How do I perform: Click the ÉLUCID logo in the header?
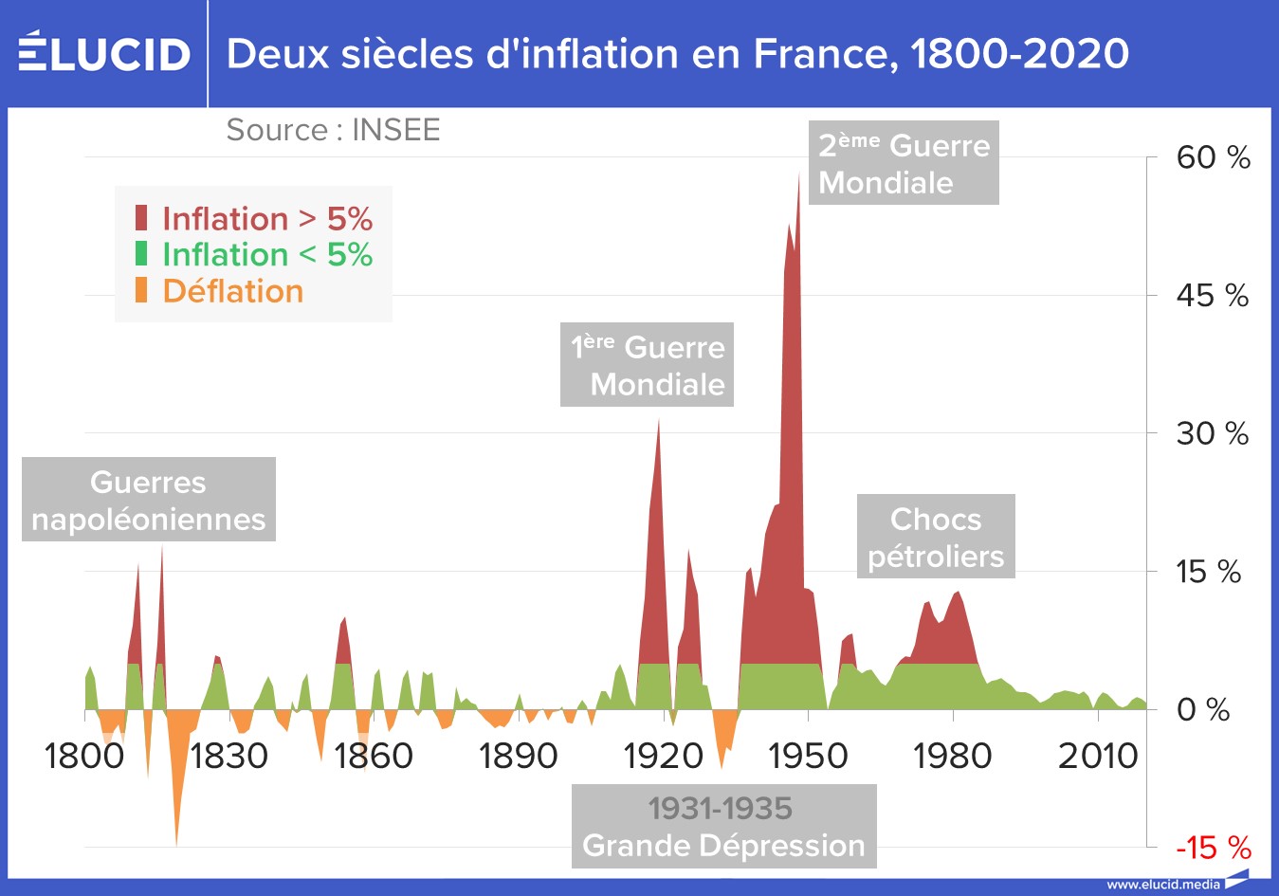(x=104, y=53)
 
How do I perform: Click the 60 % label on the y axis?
(x=1213, y=157)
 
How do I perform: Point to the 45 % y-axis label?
(x=1212, y=296)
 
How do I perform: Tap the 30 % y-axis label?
(x=1212, y=434)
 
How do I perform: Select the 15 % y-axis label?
(x=1208, y=572)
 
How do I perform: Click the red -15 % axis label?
(x=1213, y=848)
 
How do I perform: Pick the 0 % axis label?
(x=1202, y=709)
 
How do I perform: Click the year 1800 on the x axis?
(x=84, y=756)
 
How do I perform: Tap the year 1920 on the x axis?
(x=663, y=756)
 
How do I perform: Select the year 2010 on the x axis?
(x=1097, y=756)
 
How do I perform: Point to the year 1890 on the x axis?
(x=518, y=756)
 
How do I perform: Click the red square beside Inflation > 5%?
(x=141, y=218)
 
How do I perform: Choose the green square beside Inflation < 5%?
(x=141, y=254)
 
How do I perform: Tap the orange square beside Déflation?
(x=141, y=290)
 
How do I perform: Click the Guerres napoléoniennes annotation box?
(x=149, y=500)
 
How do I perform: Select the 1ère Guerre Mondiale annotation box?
(x=647, y=365)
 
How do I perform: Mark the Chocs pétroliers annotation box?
(x=936, y=537)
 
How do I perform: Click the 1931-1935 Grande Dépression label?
(x=723, y=826)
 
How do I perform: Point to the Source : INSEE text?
(x=333, y=130)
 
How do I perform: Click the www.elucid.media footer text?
(x=1163, y=884)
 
